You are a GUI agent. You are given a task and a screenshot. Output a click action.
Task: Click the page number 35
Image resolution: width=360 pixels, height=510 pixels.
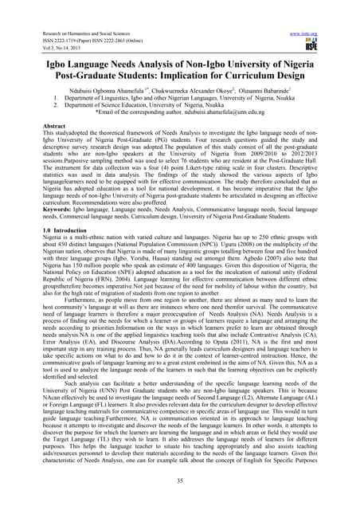(180, 482)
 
